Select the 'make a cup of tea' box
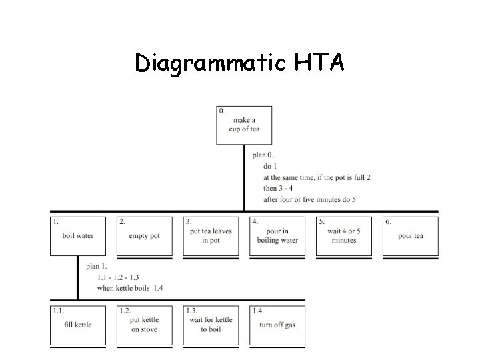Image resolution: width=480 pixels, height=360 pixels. [x=244, y=125]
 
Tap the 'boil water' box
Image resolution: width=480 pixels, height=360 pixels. [x=77, y=236]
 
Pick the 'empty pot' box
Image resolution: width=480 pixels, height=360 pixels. [x=144, y=236]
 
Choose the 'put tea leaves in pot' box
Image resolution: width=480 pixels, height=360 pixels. [x=211, y=236]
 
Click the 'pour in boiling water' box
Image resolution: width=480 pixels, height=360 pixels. [x=277, y=236]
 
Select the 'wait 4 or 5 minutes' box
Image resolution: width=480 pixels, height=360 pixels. [x=344, y=236]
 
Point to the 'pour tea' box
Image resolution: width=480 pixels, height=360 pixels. [x=411, y=236]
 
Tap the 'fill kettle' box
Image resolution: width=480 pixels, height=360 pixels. [x=78, y=325]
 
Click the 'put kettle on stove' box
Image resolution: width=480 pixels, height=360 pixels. [x=144, y=325]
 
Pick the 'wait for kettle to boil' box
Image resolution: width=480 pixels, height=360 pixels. [x=211, y=325]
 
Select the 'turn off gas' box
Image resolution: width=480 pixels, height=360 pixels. [x=277, y=325]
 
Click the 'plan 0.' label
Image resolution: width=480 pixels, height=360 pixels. [x=263, y=155]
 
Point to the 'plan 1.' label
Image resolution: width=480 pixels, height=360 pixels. [x=96, y=267]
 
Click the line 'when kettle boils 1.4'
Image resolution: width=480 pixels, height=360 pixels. [x=129, y=288]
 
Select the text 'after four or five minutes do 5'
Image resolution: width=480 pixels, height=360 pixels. [x=309, y=199]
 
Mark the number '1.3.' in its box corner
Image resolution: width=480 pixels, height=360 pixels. [x=192, y=311]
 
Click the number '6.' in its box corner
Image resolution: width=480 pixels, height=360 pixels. [x=389, y=221]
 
